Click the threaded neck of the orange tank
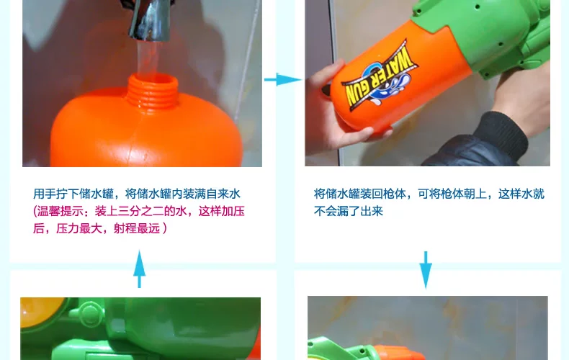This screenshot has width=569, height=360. click(153, 91)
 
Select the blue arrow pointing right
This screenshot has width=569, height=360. click(282, 79)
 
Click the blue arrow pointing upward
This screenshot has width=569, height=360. click(139, 269)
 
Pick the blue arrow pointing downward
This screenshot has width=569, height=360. click(426, 270)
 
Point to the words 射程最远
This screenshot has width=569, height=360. click(137, 229)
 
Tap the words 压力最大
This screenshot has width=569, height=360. click(79, 229)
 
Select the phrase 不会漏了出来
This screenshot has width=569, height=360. click(349, 211)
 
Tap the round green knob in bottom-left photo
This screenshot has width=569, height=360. click(89, 312)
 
